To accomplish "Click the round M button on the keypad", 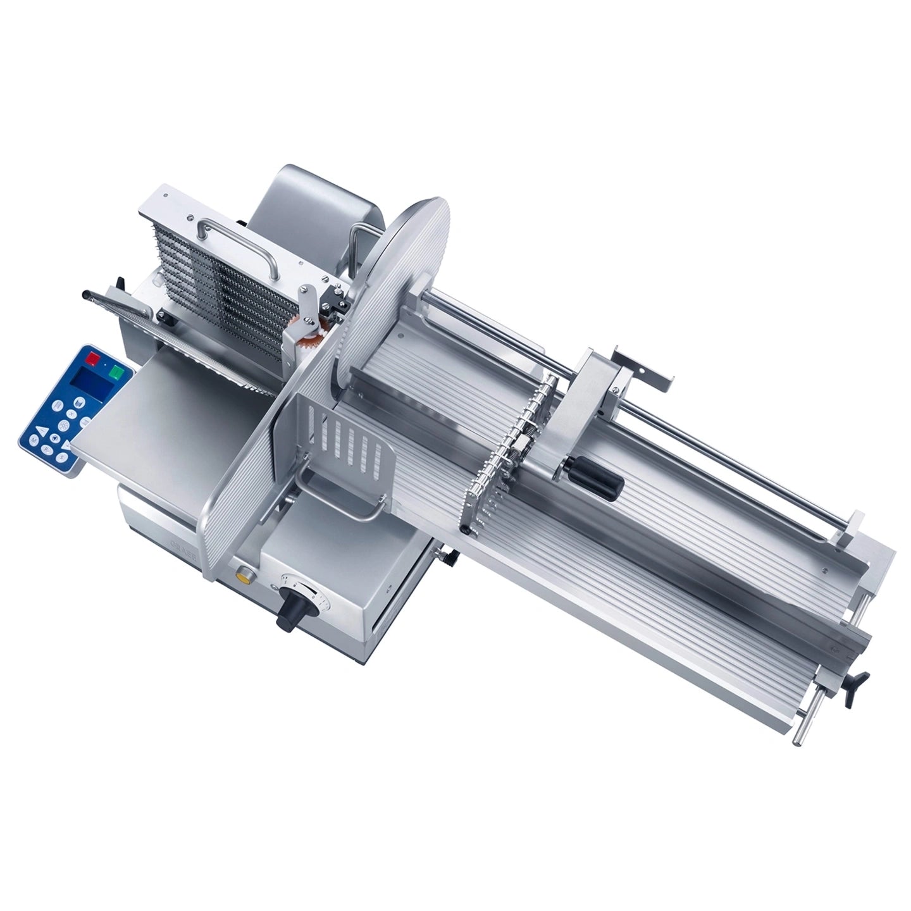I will pos(34,440).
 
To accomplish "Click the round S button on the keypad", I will pos(62,457).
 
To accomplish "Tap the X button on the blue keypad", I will pos(71,414).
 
